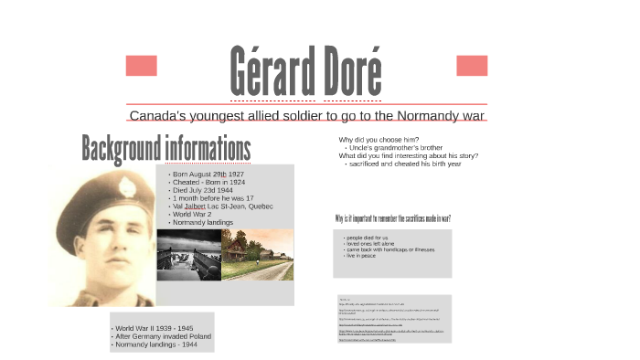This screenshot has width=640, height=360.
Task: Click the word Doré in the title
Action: [x=351, y=70]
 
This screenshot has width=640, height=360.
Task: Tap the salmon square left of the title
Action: [x=141, y=66]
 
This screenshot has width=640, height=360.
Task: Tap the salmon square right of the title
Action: [x=472, y=66]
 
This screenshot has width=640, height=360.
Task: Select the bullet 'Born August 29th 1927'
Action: [x=208, y=174]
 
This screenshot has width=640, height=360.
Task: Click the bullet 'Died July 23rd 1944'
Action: [x=204, y=190]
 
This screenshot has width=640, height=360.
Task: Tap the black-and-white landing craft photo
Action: [x=188, y=255]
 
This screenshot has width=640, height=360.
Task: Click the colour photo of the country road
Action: [x=258, y=255]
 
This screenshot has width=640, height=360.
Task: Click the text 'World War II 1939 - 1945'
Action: [x=154, y=328]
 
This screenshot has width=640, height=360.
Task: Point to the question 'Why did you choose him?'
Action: [x=379, y=140]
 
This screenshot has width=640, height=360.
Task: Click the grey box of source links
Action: [x=393, y=319]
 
